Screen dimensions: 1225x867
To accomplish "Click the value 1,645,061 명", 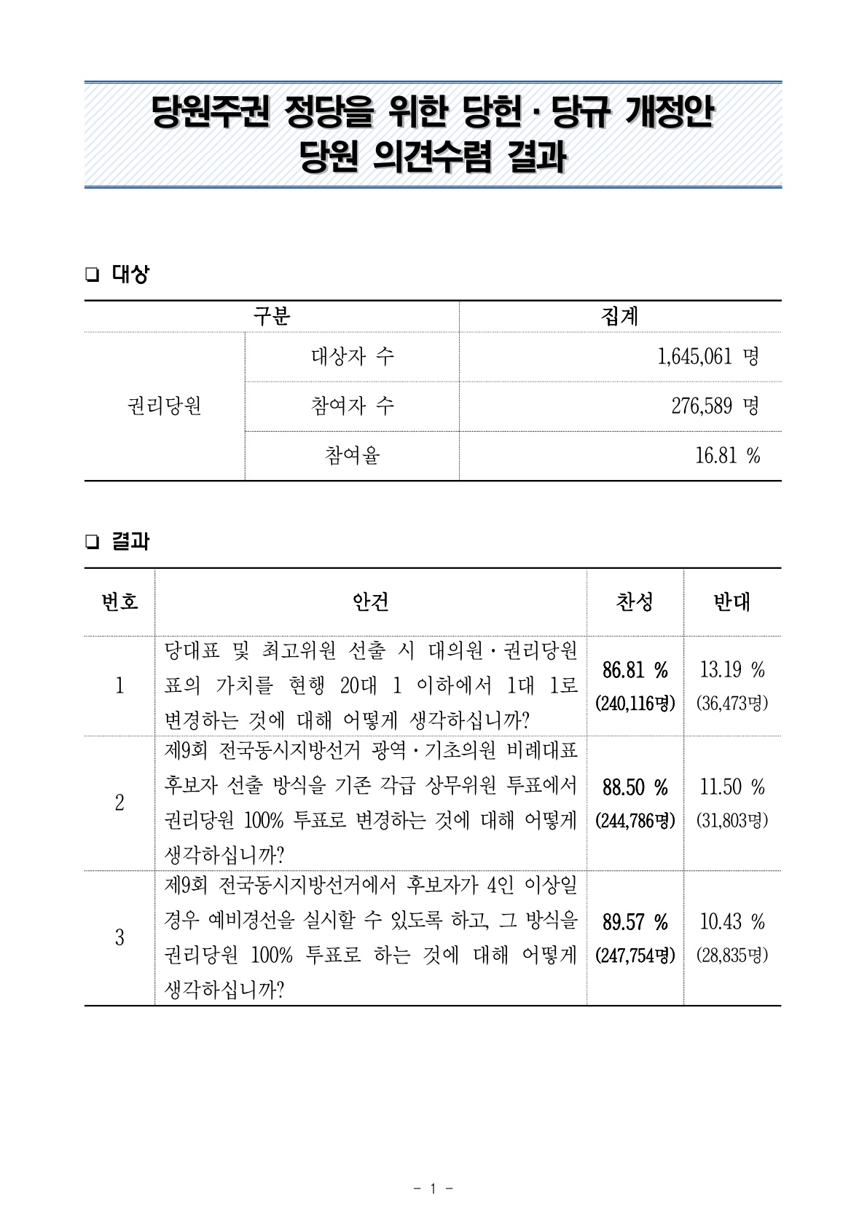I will (707, 357).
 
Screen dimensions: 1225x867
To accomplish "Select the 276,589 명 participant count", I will (715, 406).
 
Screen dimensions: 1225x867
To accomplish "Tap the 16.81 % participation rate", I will (728, 456).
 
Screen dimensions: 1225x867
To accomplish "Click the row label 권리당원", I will (165, 406).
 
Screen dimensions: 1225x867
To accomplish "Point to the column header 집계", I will (620, 316).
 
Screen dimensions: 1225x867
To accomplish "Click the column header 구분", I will (272, 316).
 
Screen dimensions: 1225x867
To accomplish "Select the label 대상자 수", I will (352, 357).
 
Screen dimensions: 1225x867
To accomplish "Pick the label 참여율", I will (352, 456).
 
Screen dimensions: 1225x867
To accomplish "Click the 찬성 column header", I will (635, 602).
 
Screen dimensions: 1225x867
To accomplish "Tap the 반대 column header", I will (731, 602).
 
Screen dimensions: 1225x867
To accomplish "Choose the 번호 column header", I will (119, 602).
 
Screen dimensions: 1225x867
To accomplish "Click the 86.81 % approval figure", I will (635, 669).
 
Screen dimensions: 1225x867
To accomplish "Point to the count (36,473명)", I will (731, 704).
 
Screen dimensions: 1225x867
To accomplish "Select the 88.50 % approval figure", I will (635, 787).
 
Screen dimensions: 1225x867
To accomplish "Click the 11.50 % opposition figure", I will (731, 787).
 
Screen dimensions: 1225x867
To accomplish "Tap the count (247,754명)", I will (635, 956).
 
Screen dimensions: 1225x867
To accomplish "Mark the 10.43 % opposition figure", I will (731, 922).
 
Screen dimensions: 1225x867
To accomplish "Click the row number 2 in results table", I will (119, 803).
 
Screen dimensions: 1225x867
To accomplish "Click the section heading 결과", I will (130, 542).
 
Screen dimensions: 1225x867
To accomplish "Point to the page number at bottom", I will (433, 1189).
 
